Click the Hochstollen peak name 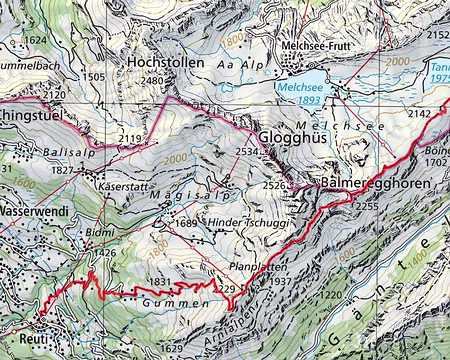[x=165, y=62]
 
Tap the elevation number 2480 [x=152, y=81]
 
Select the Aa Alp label [x=239, y=62]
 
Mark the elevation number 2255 [x=366, y=206]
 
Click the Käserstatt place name [x=121, y=187]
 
